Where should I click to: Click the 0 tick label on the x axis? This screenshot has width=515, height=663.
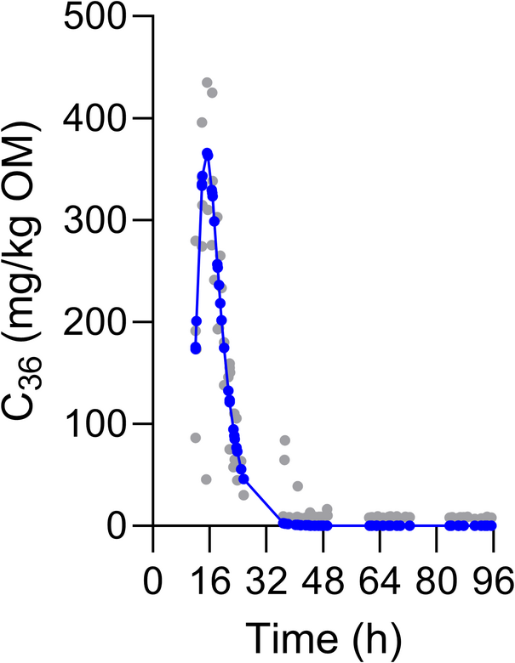tap(153, 584)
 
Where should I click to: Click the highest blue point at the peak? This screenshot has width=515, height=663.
tap(207, 153)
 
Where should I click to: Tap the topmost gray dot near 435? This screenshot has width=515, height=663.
tap(207, 82)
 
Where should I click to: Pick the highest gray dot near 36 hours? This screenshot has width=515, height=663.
tap(284, 440)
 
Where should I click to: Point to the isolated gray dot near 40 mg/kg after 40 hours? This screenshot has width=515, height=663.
tap(298, 486)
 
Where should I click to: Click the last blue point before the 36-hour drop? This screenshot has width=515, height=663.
tap(243, 479)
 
